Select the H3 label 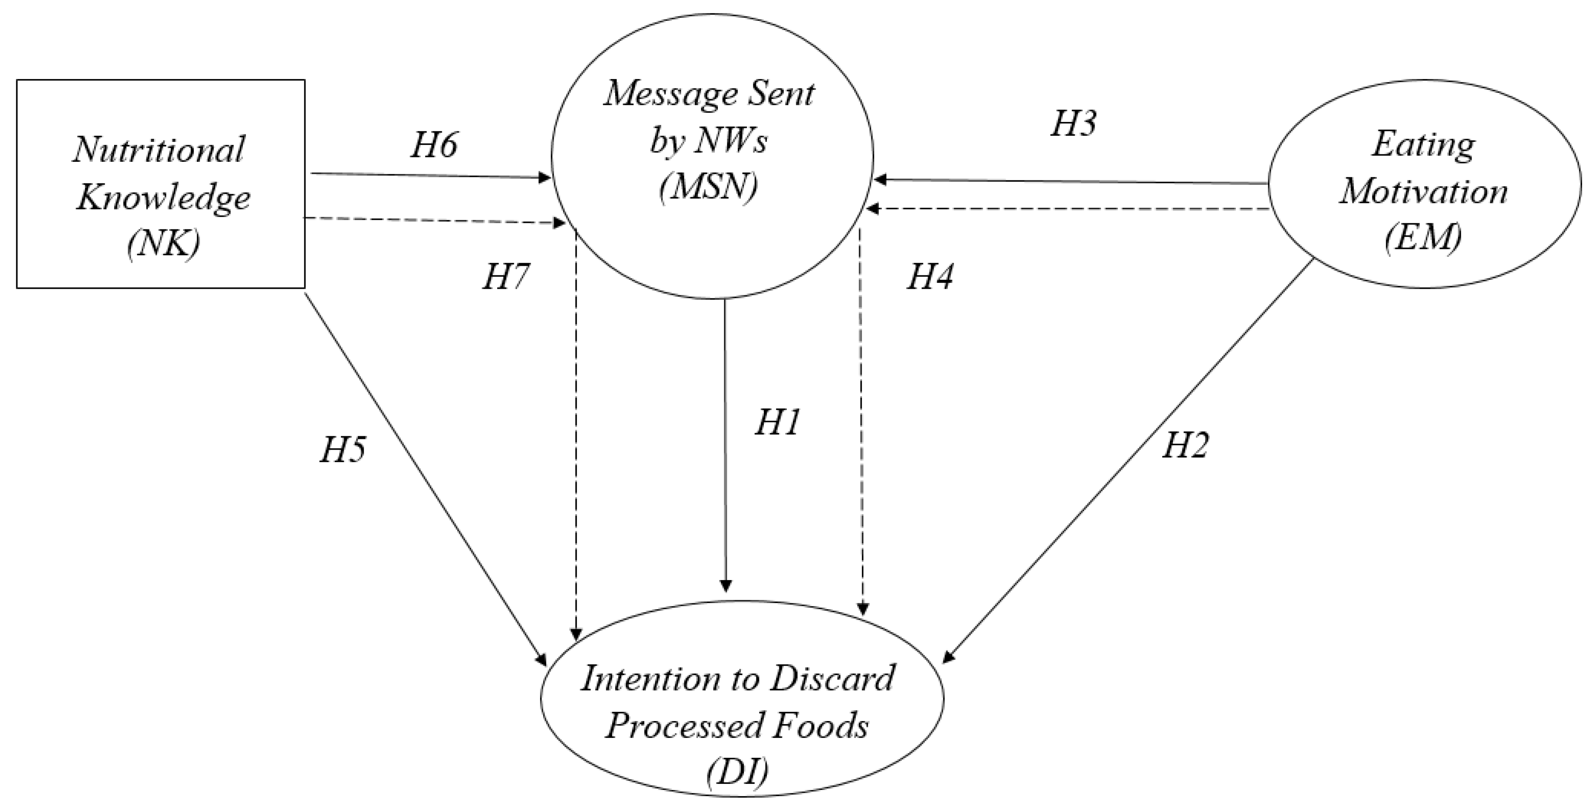[x=1073, y=123]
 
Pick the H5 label [x=342, y=450]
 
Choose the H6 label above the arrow [x=434, y=146]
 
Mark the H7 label [x=506, y=276]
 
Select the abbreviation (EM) [x=1422, y=237]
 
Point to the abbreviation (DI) [x=737, y=772]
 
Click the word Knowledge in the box [x=163, y=198]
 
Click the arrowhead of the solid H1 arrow [x=727, y=586]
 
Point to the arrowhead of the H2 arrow [x=947, y=659]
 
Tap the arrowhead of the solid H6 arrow [x=545, y=178]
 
